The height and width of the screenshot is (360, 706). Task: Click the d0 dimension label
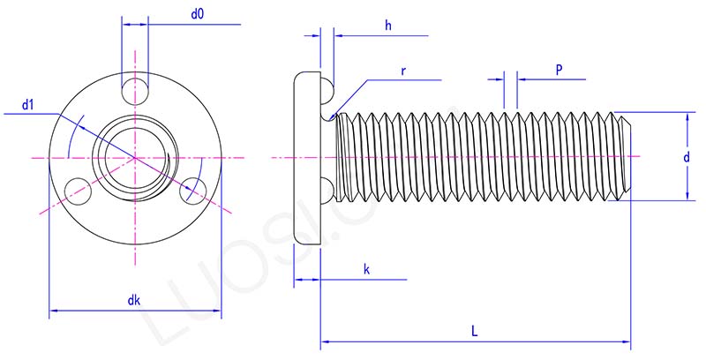pyautogui.click(x=198, y=15)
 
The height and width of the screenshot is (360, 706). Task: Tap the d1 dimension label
pyautogui.click(x=29, y=106)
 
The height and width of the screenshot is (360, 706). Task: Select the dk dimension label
pyautogui.click(x=134, y=300)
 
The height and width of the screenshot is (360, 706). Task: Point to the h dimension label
pyautogui.click(x=387, y=26)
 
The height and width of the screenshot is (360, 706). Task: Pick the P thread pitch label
pyautogui.click(x=560, y=68)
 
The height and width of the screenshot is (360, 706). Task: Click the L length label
pyautogui.click(x=475, y=331)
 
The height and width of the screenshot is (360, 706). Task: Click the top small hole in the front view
pyautogui.click(x=135, y=88)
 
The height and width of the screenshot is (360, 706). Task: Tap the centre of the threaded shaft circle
pyautogui.click(x=135, y=157)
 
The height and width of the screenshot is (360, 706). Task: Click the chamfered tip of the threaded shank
pyautogui.click(x=627, y=157)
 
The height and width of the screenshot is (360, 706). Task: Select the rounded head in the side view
pyautogui.click(x=306, y=157)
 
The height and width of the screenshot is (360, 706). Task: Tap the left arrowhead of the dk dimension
pyautogui.click(x=53, y=311)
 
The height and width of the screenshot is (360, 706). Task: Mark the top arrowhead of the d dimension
pyautogui.click(x=686, y=117)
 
